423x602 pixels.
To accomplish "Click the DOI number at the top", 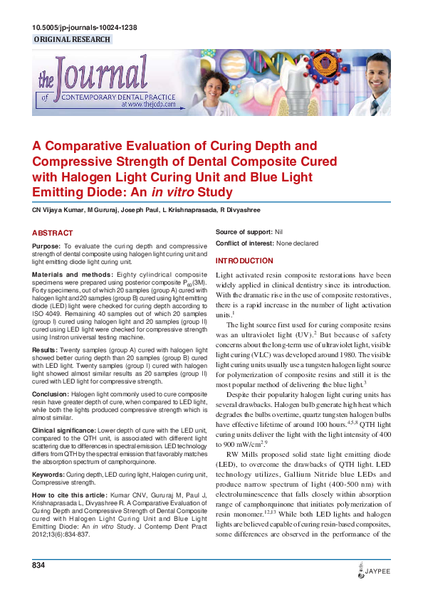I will (x=85, y=28).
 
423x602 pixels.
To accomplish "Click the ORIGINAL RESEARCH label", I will (x=72, y=40).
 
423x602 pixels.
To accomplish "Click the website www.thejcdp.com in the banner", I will (x=153, y=103).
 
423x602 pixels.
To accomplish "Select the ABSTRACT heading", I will (x=53, y=233).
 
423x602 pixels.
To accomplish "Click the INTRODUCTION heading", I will (x=244, y=261).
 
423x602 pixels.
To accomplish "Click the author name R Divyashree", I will (x=240, y=211).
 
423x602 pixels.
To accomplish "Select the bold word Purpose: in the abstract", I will (x=46, y=245).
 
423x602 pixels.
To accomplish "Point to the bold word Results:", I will (x=45, y=350).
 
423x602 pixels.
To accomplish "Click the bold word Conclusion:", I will (x=51, y=393).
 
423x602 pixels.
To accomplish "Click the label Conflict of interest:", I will (x=245, y=243).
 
